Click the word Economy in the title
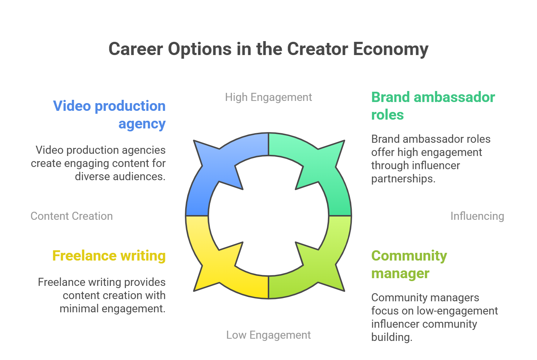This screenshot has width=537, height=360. click(x=391, y=50)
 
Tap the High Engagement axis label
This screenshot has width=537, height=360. click(x=268, y=97)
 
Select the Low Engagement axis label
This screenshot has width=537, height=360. click(x=268, y=335)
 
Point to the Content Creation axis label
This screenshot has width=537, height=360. click(x=72, y=216)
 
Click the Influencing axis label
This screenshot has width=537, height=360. click(x=477, y=216)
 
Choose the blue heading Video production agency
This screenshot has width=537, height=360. click(x=109, y=115)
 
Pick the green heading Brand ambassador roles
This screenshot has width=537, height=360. click(x=433, y=106)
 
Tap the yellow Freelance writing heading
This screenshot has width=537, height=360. click(x=109, y=256)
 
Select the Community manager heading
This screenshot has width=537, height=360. click(x=409, y=265)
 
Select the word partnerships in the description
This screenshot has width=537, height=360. click(x=403, y=179)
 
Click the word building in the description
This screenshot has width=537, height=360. click(x=392, y=338)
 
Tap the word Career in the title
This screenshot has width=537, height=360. click(x=136, y=50)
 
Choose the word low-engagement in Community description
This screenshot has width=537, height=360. click(x=457, y=311)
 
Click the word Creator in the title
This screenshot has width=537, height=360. click(x=317, y=50)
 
